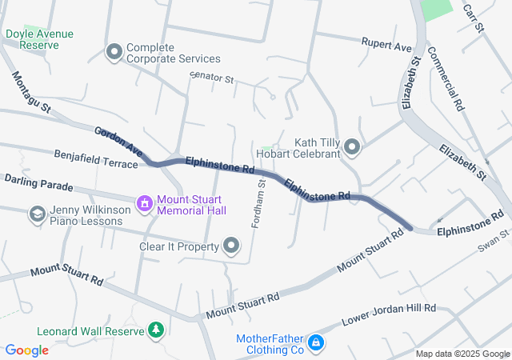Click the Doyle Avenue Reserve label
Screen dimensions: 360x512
39,39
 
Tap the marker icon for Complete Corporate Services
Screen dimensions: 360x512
114,53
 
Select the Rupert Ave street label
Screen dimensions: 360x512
386,46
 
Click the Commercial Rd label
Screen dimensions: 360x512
446,78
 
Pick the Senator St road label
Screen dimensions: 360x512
211,79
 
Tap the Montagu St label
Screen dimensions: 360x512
31,92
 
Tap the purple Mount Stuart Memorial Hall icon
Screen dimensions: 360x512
145,204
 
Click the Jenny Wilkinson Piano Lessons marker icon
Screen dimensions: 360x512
37,214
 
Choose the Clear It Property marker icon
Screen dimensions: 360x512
232,246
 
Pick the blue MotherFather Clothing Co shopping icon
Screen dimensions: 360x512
316,343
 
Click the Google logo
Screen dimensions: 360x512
26,350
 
